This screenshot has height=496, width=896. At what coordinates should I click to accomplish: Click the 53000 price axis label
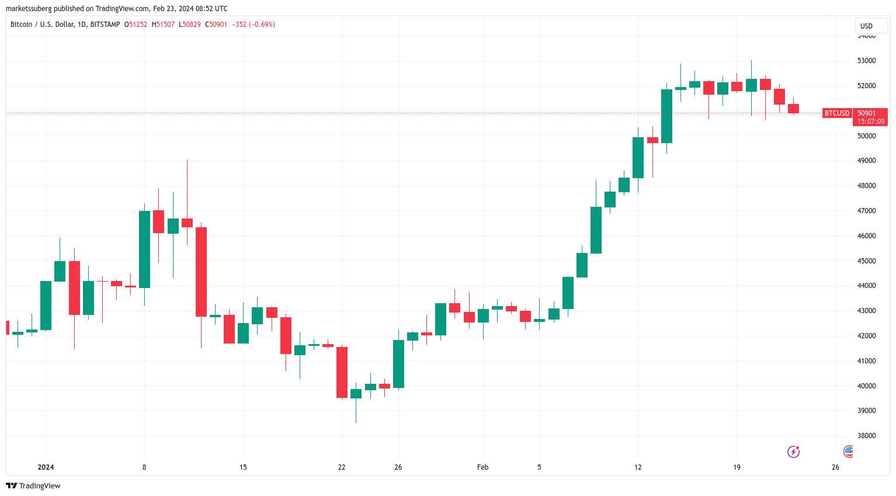[866, 61]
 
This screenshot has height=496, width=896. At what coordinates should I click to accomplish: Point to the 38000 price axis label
[866, 436]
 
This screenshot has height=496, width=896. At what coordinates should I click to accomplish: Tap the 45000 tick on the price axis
[866, 261]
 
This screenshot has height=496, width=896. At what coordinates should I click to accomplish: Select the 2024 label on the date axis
[46, 467]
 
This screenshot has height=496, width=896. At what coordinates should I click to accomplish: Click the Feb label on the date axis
[482, 467]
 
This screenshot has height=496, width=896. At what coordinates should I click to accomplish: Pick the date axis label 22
[342, 467]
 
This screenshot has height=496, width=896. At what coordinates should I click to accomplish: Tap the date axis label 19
[737, 467]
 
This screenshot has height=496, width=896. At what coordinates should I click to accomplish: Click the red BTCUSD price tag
[836, 113]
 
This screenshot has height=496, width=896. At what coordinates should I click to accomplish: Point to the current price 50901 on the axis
[866, 113]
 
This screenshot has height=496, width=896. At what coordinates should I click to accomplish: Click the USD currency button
[866, 26]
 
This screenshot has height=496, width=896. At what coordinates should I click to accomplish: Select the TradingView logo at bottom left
[33, 485]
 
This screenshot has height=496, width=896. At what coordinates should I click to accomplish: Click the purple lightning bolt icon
[793, 452]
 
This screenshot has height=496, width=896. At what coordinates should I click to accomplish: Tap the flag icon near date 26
[848, 451]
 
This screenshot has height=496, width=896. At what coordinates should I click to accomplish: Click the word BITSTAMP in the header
[105, 25]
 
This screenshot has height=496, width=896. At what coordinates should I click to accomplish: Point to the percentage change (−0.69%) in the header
[262, 25]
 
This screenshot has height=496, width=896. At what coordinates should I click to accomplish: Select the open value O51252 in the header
[136, 25]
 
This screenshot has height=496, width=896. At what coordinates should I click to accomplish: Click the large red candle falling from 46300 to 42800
[201, 272]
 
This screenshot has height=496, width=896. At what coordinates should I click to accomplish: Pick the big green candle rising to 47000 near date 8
[144, 249]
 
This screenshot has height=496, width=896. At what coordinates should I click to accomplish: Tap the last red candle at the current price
[793, 109]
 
